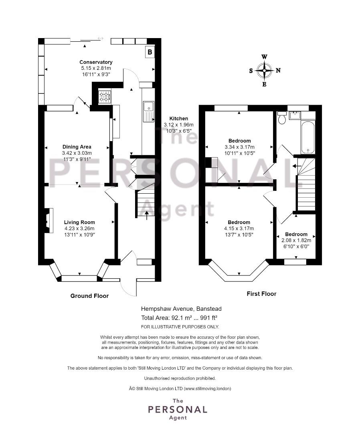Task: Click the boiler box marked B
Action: coord(150,52)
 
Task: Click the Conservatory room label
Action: coord(96,62)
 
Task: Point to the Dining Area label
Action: coord(77,147)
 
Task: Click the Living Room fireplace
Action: coord(48,221)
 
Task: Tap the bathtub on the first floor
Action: coord(308,137)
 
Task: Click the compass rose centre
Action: coord(264,71)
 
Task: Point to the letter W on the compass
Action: coord(264,57)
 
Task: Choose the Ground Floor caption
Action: coord(89,296)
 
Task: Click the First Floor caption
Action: coord(261,294)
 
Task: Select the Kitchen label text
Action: coord(179,118)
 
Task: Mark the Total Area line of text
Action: coord(181,318)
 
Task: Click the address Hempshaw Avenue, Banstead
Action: coord(181,309)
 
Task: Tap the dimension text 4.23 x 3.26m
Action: coord(79,229)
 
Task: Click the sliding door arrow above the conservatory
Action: coord(100,38)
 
